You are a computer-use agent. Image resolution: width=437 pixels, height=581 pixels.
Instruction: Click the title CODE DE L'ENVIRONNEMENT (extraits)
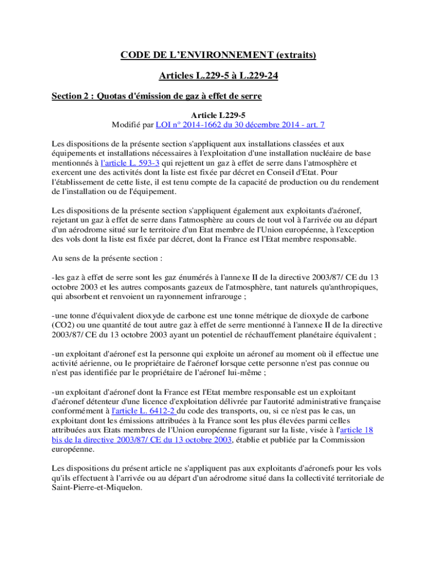218,55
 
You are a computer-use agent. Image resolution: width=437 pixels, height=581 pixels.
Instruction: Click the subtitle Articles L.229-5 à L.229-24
218,76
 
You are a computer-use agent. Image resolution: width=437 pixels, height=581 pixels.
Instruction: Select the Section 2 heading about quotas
156,96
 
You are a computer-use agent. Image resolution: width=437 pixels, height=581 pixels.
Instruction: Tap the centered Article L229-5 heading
218,115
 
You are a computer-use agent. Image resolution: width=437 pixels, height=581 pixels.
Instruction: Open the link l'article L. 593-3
130,162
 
